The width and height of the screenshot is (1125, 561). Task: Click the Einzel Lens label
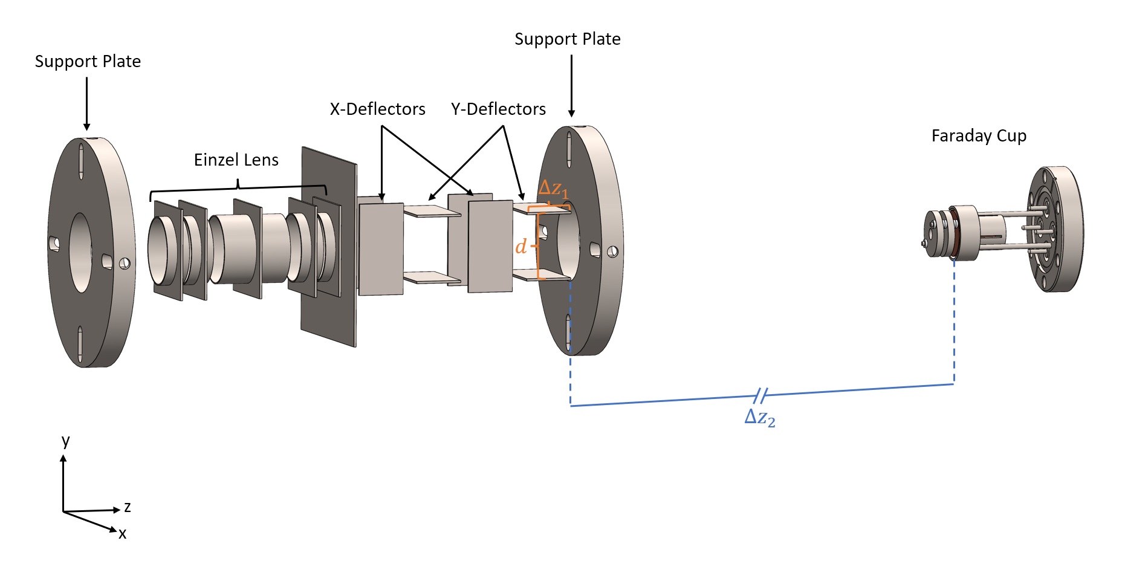pyautogui.click(x=236, y=160)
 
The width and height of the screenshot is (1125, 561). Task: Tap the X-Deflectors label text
pyautogui.click(x=377, y=109)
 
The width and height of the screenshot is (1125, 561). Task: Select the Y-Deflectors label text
pyautogui.click(x=498, y=109)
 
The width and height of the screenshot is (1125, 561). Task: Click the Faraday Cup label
pyautogui.click(x=979, y=136)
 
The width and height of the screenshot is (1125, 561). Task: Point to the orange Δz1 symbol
pyautogui.click(x=553, y=189)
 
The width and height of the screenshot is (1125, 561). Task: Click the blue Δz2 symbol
pyautogui.click(x=759, y=417)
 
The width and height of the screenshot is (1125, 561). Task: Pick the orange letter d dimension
pyautogui.click(x=520, y=247)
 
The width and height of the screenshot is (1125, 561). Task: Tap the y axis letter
pyautogui.click(x=65, y=440)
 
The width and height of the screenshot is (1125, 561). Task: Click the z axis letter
pyautogui.click(x=128, y=507)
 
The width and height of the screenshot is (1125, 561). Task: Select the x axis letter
pyautogui.click(x=123, y=534)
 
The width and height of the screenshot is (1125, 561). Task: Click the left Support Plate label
pyautogui.click(x=88, y=62)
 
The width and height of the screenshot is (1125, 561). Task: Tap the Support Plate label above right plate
pyautogui.click(x=567, y=39)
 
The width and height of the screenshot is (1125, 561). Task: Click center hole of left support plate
pyautogui.click(x=80, y=252)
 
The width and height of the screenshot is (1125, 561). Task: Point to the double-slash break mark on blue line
pyautogui.click(x=761, y=396)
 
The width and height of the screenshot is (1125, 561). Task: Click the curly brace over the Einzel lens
pyautogui.click(x=238, y=187)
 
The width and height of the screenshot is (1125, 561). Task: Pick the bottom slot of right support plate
pyautogui.click(x=568, y=332)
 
